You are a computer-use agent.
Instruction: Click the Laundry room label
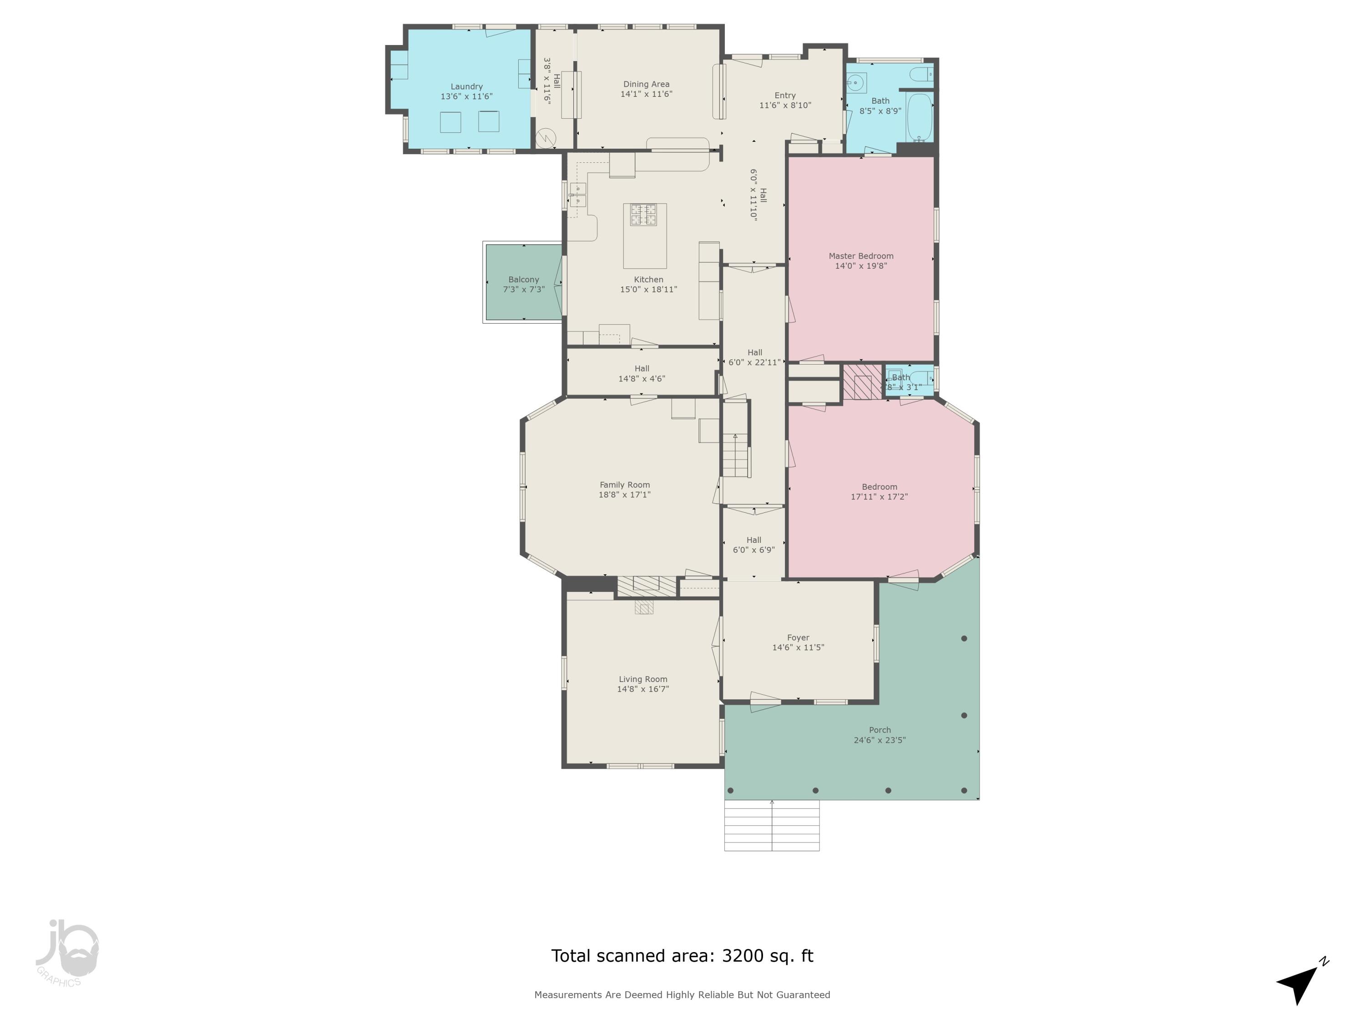[466, 87]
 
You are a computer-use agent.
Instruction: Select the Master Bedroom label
[861, 256]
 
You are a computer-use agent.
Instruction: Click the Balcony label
[523, 279]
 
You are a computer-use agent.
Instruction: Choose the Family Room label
[625, 485]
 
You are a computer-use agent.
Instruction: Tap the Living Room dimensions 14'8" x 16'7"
[643, 689]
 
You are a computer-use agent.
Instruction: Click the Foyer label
[798, 637]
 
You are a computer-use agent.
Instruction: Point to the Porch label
[880, 730]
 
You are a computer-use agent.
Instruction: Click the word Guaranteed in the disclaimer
[804, 995]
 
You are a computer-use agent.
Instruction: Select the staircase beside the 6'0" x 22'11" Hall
[736, 455]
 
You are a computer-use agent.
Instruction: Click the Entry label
[785, 95]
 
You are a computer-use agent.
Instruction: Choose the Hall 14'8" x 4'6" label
[642, 369]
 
